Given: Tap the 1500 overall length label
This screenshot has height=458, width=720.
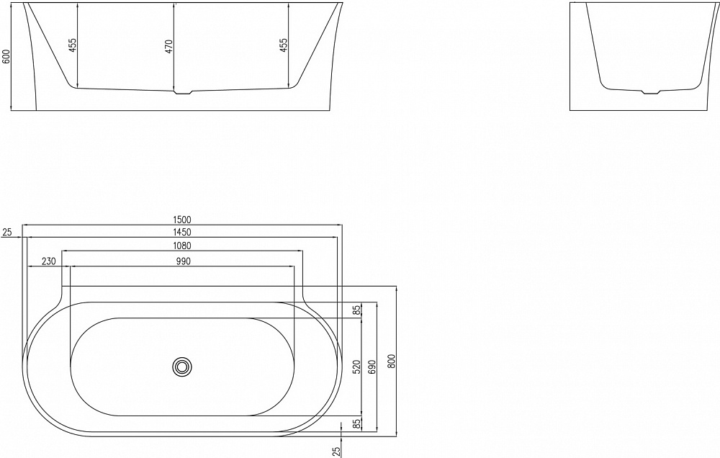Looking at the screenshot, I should click(181, 220).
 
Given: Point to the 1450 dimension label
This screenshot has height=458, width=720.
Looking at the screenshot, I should click(181, 232).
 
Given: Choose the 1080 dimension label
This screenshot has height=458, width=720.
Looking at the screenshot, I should click(181, 246).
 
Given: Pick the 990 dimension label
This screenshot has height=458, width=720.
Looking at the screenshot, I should click(181, 261).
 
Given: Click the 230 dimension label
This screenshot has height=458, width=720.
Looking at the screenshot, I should click(49, 261).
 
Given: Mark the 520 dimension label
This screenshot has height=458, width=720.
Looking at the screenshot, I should click(356, 367).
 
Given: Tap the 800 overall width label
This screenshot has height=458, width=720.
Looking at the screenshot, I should click(392, 360).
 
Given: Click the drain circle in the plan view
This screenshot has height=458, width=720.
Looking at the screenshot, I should click(181, 367).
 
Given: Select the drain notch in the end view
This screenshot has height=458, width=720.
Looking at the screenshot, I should click(650, 91).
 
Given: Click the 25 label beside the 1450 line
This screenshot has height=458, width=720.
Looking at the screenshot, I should click(7, 232).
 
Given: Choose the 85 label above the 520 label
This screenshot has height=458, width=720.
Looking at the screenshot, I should click(356, 310).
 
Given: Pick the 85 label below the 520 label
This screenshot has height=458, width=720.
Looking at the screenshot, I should click(356, 423).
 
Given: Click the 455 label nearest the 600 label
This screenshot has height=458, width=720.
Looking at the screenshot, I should click(72, 45).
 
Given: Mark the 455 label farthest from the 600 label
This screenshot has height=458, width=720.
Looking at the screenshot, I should click(284, 45).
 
